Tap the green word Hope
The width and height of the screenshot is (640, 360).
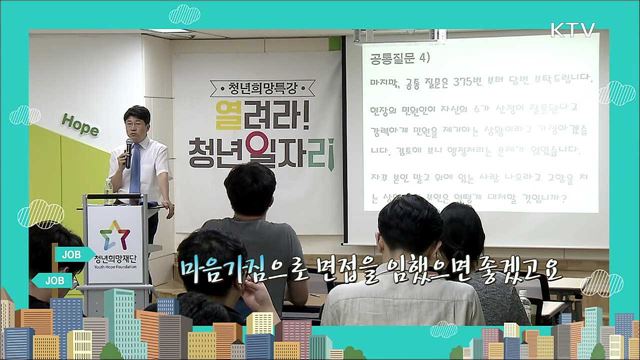point(80,124)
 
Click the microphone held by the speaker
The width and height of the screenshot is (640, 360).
point(128,151)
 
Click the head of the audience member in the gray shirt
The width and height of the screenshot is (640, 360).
point(250,190)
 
